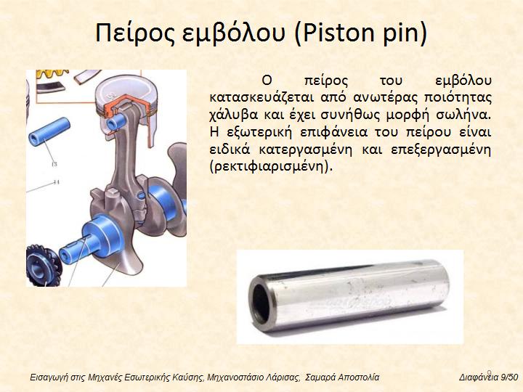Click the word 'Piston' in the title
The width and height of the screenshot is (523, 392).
pyautogui.click(x=334, y=33)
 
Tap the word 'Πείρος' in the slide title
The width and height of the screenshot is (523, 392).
pyautogui.click(x=134, y=33)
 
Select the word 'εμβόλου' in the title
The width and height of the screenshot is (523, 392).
pyautogui.click(x=234, y=33)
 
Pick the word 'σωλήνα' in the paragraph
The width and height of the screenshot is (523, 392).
pyautogui.click(x=464, y=115)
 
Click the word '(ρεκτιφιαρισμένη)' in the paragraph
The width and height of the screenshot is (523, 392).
pyautogui.click(x=271, y=166)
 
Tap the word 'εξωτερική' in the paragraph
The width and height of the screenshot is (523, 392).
pyautogui.click(x=259, y=132)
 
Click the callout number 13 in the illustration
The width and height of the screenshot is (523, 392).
pyautogui.click(x=54, y=164)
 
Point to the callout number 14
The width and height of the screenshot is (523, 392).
pyautogui.click(x=56, y=182)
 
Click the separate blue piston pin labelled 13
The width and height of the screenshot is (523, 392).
pyautogui.click(x=49, y=131)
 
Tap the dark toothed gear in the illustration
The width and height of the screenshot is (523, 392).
pyautogui.click(x=43, y=266)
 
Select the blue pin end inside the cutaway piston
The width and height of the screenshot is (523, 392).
pyautogui.click(x=115, y=122)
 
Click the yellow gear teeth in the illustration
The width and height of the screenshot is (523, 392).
pyautogui.click(x=52, y=74)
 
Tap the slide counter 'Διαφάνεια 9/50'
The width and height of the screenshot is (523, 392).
pyautogui.click(x=489, y=377)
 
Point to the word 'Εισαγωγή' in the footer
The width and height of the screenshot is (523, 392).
pyautogui.click(x=45, y=377)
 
